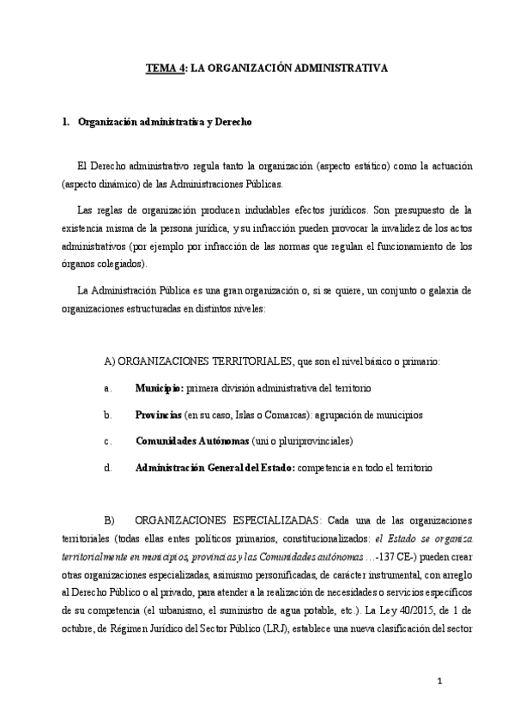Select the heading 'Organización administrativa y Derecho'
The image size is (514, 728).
pos(164,123)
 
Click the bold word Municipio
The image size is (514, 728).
pos(159,388)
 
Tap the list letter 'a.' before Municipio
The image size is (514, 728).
pos(107,388)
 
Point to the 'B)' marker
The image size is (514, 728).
pos(108,521)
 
